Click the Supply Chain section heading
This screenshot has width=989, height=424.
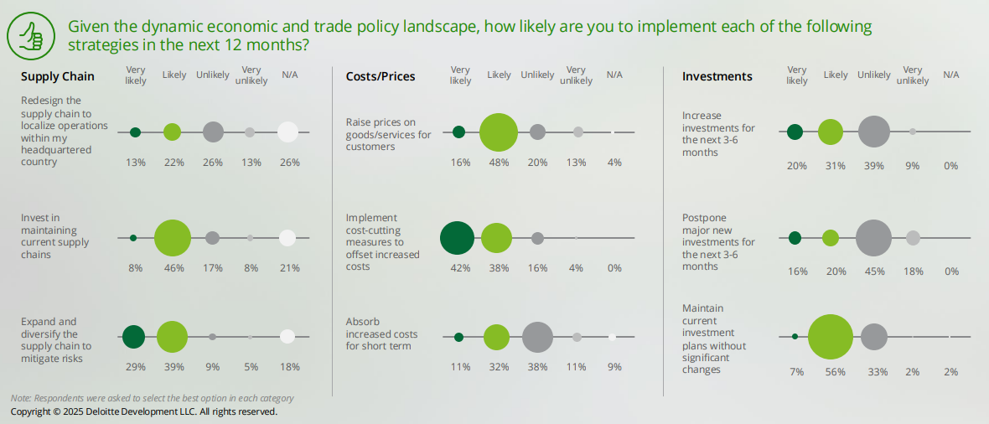58,76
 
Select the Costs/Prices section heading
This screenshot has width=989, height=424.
381,76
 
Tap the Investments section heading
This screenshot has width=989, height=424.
717,76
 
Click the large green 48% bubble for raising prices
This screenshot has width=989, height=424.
499,132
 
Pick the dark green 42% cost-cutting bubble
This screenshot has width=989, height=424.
458,238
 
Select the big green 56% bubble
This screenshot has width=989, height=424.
831,337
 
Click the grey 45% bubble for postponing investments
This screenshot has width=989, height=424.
873,238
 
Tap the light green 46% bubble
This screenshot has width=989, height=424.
173,238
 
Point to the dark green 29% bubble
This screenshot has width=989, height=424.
133,337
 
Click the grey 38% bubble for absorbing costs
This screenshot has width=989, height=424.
537,337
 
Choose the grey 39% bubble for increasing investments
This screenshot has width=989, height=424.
873,132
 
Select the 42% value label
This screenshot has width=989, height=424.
460,268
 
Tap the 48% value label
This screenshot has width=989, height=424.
499,163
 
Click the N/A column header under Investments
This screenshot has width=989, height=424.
950,75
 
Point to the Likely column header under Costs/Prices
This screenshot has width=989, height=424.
499,75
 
